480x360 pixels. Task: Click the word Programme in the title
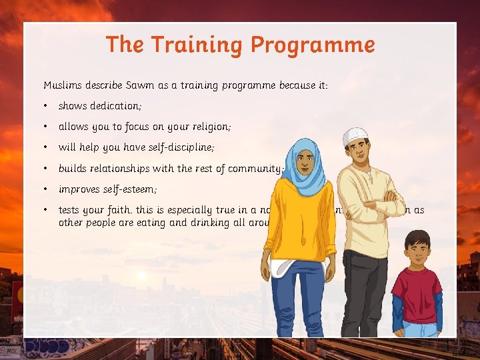(x=313, y=45)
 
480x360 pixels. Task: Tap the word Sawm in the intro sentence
(x=133, y=85)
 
